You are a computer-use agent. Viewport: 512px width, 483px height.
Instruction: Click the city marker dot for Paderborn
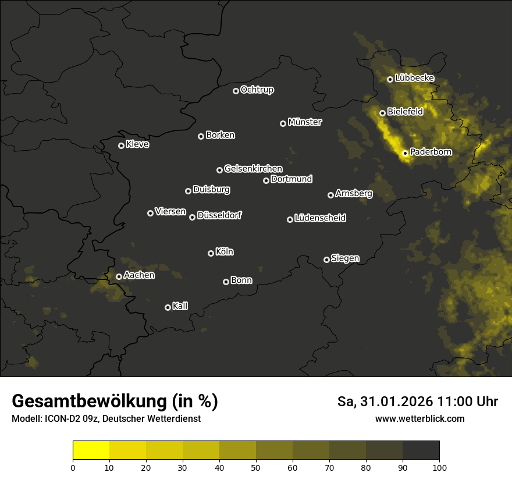coord(405,153)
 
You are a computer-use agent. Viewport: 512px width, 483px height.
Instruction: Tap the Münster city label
coord(304,122)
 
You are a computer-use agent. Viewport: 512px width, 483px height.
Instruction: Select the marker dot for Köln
coord(211,253)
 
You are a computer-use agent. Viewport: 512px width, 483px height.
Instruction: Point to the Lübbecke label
coord(414,78)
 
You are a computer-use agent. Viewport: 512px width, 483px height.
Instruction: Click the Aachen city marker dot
coord(119,276)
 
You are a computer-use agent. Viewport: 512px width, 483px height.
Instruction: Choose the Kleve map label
coord(137,144)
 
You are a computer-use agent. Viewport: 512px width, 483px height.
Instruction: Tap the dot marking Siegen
coord(326,260)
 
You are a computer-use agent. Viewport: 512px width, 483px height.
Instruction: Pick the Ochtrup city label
coord(257,90)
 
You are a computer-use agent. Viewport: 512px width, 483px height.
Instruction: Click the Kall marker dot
coord(168,307)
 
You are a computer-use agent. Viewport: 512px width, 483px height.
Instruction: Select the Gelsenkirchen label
coord(253,169)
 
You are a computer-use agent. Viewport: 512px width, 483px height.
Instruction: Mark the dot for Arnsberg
coord(330,195)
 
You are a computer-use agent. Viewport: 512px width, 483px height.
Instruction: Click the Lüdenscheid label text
coord(320,218)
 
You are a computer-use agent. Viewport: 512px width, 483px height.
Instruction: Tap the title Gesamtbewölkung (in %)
coord(115,402)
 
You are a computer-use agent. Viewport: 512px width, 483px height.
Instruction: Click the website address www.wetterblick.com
coord(419,418)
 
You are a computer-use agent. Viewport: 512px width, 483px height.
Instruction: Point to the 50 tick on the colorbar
coord(256,467)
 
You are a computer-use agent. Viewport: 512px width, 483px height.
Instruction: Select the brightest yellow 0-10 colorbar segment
coord(91,450)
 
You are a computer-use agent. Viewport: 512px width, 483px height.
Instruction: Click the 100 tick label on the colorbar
coord(439,467)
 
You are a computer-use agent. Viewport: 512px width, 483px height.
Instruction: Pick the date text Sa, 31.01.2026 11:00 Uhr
coord(417,402)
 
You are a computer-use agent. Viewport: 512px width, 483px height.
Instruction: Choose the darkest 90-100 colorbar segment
coord(421,450)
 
